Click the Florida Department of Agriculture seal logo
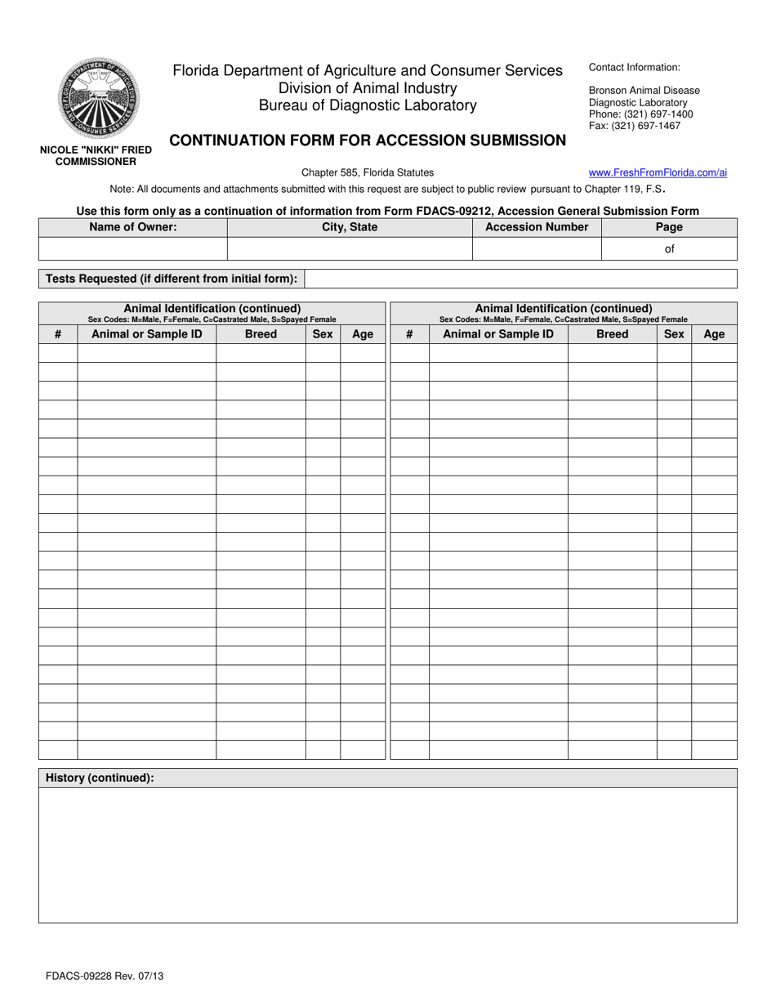pyautogui.click(x=98, y=98)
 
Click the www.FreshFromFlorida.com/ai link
pyautogui.click(x=658, y=172)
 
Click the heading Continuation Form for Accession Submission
pyautogui.click(x=368, y=141)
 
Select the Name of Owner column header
pyautogui.click(x=132, y=227)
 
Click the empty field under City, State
pyautogui.click(x=350, y=248)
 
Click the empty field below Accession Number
pyautogui.click(x=537, y=248)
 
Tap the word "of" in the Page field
pyautogui.click(x=669, y=248)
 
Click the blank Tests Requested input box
pyautogui.click(x=520, y=279)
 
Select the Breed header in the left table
pyautogui.click(x=261, y=333)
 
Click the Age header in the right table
pyautogui.click(x=714, y=333)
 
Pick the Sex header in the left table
pyautogui.click(x=323, y=333)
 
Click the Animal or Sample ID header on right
pyautogui.click(x=498, y=333)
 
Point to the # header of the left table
pyautogui.click(x=58, y=333)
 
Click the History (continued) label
pyautogui.click(x=100, y=778)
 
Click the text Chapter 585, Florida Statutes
pyautogui.click(x=368, y=172)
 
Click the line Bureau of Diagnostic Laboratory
pyautogui.click(x=368, y=105)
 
